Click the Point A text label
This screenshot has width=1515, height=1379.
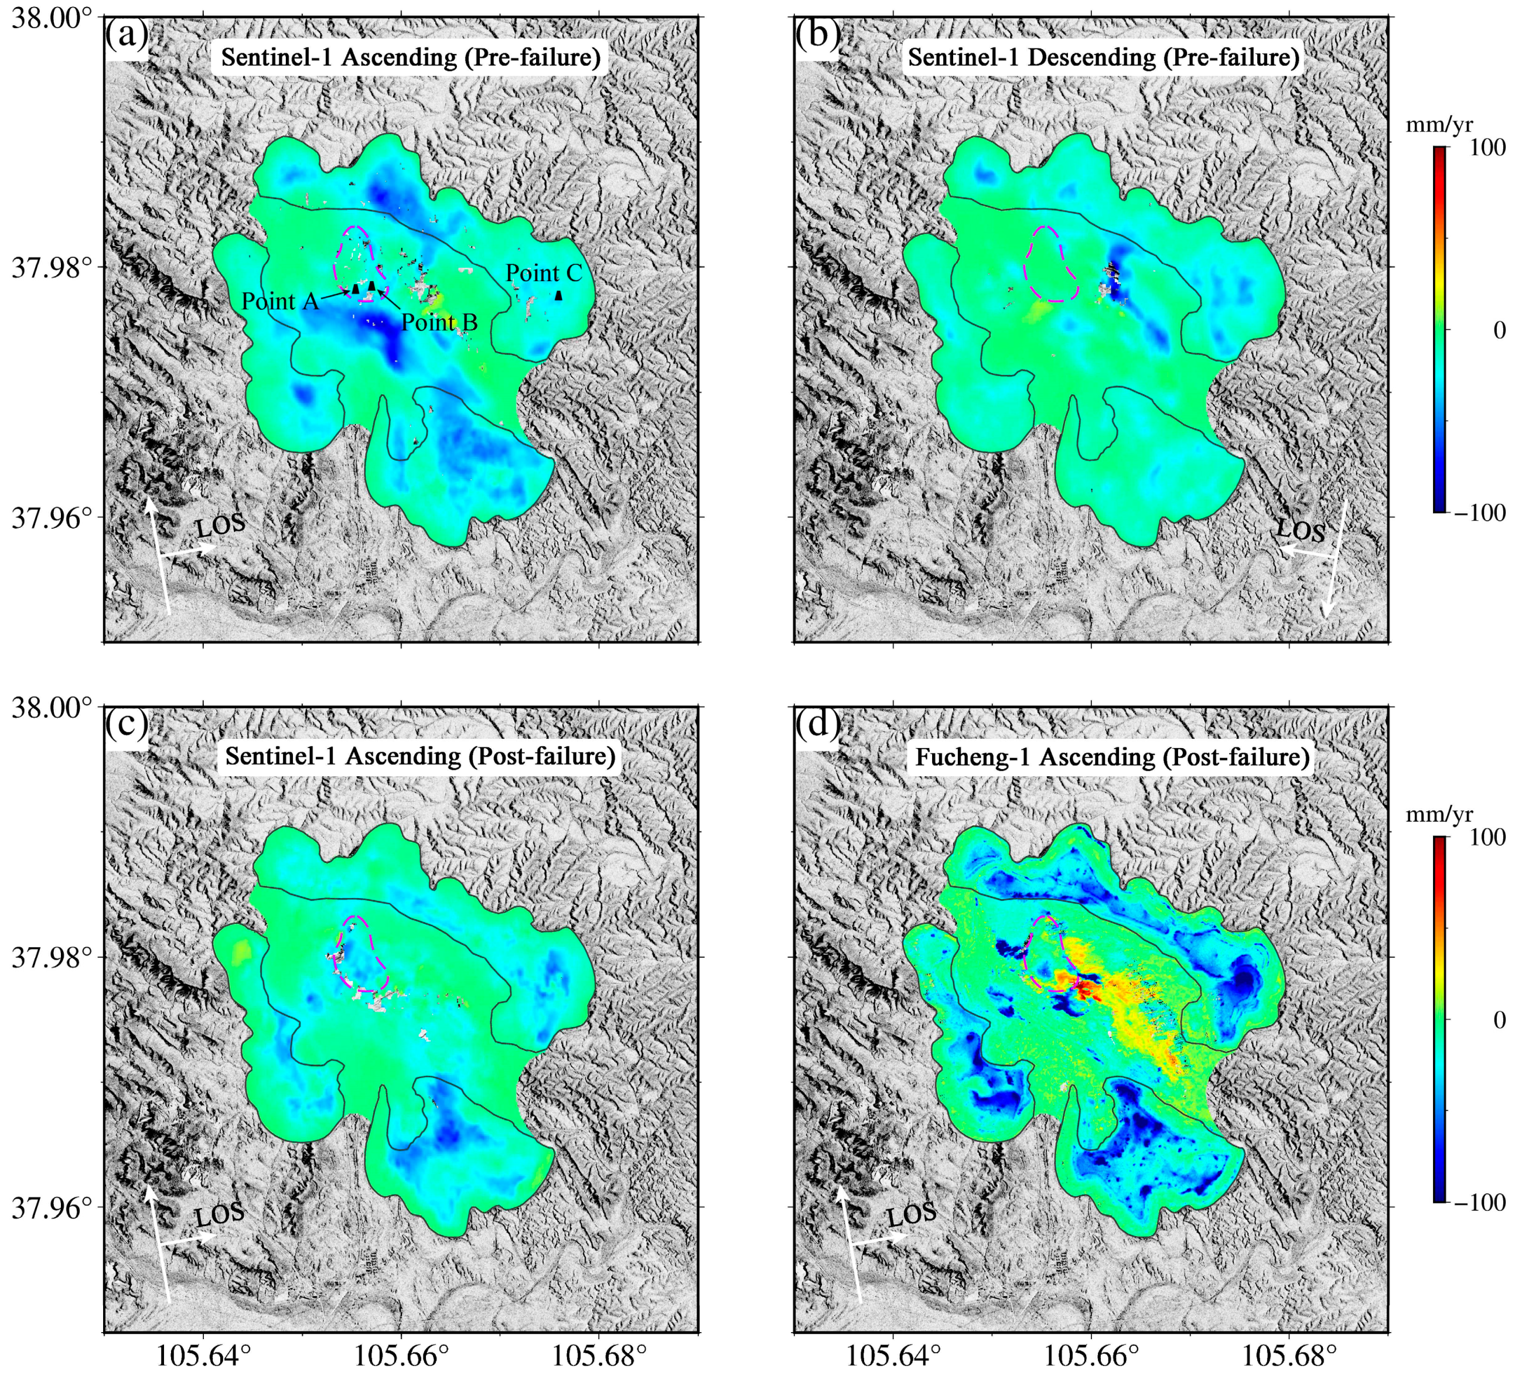(279, 301)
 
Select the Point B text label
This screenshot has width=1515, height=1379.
(439, 322)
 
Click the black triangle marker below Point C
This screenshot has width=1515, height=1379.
(558, 296)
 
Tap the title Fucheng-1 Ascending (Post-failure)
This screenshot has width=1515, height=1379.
(1112, 757)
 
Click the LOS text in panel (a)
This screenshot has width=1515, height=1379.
(220, 525)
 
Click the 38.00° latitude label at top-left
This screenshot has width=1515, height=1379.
(51, 18)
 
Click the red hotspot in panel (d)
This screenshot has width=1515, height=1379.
(1084, 991)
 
